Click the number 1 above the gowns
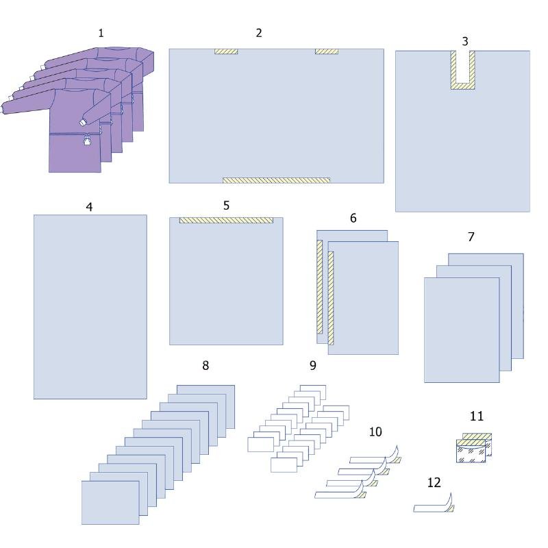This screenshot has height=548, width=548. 101,33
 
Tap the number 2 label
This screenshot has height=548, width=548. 259,33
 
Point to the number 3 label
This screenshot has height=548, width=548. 465,42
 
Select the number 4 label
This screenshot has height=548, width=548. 89,207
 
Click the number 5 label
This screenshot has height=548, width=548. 227,206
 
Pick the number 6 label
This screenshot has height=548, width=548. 353,218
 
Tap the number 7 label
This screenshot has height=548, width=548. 471,237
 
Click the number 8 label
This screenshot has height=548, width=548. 206,366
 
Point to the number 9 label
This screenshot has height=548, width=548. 313,366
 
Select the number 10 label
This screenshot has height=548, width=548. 375,432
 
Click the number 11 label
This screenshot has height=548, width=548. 477,416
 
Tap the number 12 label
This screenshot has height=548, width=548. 434,483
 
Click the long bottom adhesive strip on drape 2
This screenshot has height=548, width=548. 277,180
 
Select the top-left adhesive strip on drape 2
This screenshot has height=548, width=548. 226,52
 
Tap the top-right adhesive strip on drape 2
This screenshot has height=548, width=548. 327,52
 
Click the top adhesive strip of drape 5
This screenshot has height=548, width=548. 227,220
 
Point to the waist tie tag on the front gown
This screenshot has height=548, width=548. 87,140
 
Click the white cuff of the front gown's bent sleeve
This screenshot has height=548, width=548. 82,123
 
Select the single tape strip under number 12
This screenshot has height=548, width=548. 434,504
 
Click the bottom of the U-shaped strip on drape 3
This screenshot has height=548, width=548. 463,86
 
